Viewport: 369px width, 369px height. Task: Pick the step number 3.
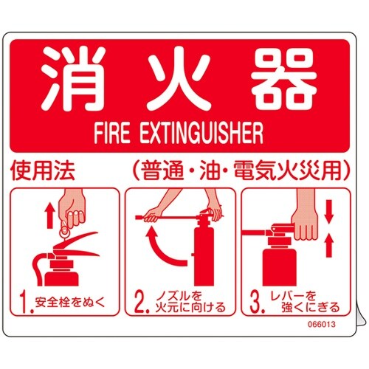point(255,301)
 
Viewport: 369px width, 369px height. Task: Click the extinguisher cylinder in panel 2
point(200,258)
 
